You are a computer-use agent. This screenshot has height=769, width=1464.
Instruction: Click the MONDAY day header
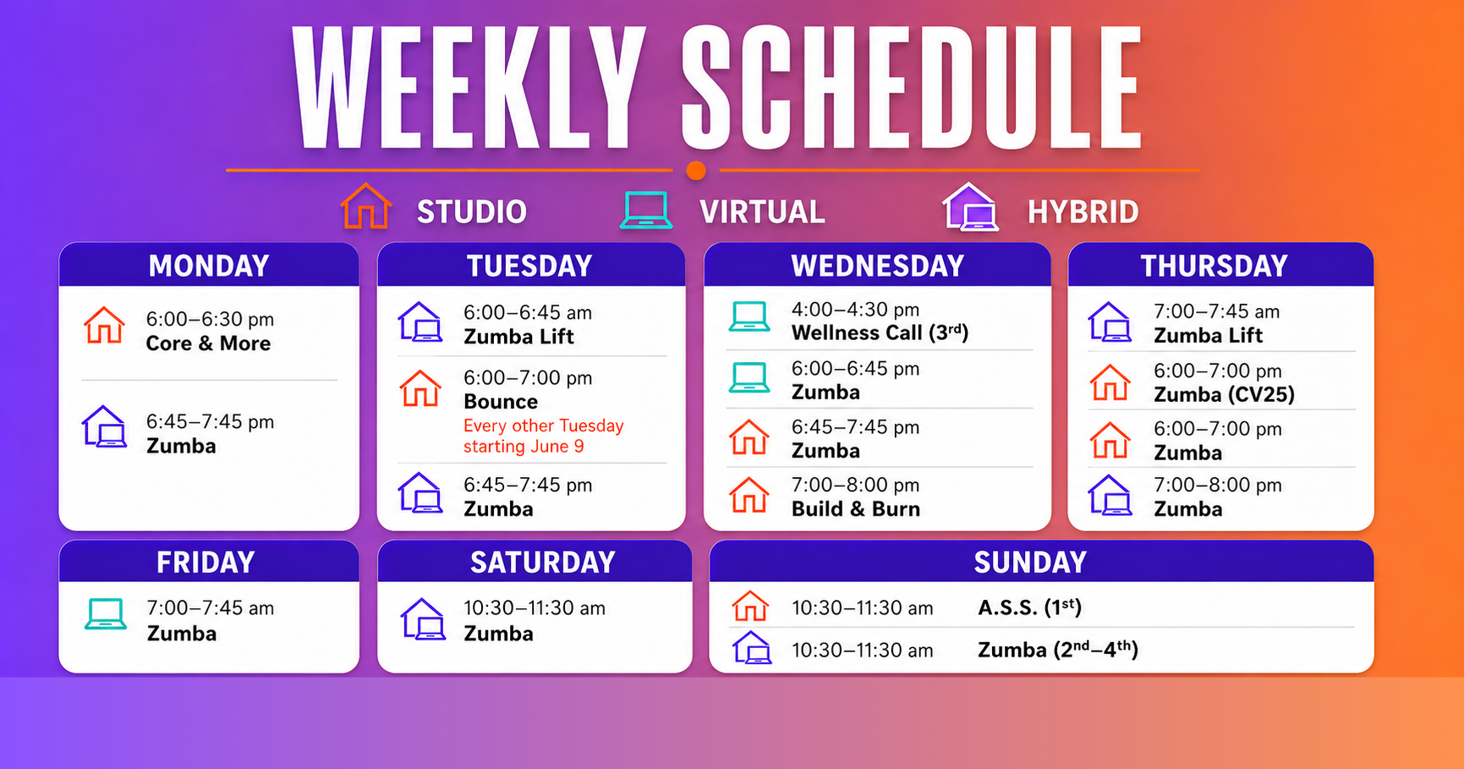click(x=209, y=266)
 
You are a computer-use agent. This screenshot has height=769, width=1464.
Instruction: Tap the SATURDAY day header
click(x=543, y=563)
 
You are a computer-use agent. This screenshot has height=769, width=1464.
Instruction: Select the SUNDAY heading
click(x=1030, y=563)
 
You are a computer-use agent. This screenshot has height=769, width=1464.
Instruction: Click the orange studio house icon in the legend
click(x=365, y=206)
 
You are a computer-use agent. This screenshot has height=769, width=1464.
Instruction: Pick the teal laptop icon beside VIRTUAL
click(x=646, y=210)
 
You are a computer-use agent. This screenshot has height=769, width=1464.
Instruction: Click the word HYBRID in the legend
click(x=1083, y=212)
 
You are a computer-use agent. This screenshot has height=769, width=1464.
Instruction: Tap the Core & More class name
click(x=208, y=343)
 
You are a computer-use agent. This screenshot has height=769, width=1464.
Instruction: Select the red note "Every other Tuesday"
click(x=544, y=426)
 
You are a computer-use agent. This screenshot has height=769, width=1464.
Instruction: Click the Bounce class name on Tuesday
click(x=501, y=402)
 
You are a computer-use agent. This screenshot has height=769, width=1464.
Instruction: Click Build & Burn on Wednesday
click(x=856, y=509)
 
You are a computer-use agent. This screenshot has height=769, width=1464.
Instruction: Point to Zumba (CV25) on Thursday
click(x=1224, y=395)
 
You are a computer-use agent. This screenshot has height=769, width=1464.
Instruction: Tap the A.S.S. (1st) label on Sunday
click(x=1029, y=607)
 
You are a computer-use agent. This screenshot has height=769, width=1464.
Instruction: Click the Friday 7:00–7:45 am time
click(x=211, y=608)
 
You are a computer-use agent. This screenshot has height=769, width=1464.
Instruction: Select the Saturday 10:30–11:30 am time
click(x=535, y=608)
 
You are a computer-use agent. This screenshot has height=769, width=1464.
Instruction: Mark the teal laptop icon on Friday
click(x=106, y=614)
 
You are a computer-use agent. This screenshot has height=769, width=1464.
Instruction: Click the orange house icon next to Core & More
click(x=104, y=325)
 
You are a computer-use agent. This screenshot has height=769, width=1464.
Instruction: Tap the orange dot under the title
click(x=696, y=170)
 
